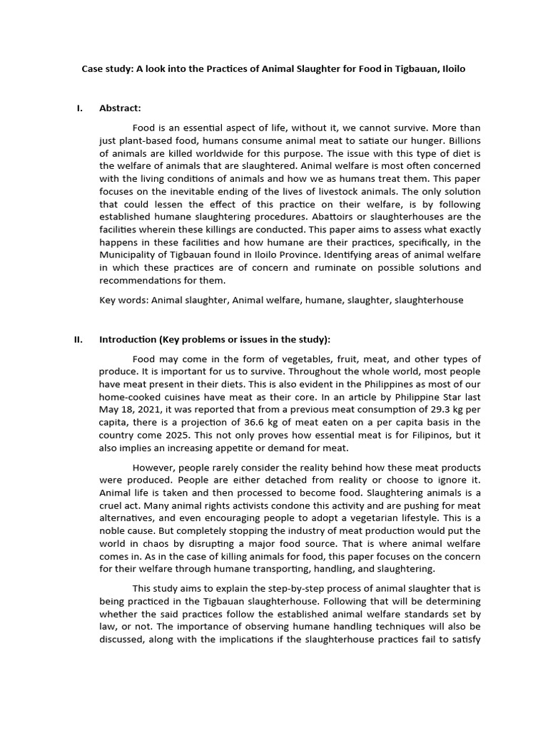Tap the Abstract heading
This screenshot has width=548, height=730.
[120, 108]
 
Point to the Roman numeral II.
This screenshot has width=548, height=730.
[78, 339]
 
